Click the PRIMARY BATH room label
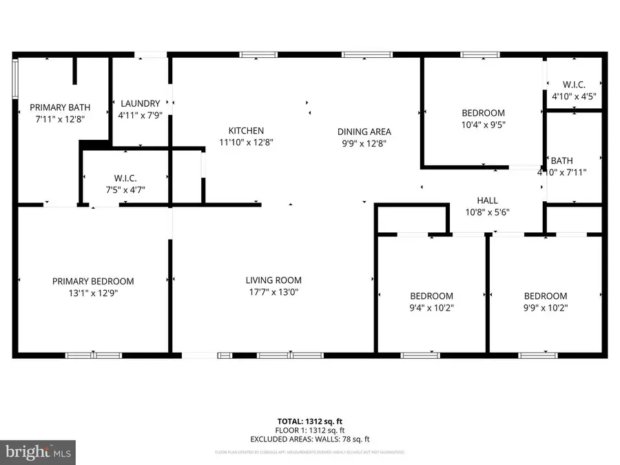coord(60,107)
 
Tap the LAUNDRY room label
coord(141,103)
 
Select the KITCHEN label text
coord(247,131)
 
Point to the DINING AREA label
coord(364,132)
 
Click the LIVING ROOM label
coord(273,280)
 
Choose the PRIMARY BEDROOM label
coord(93,281)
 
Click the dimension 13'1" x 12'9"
coord(93,292)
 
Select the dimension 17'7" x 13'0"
coord(273,291)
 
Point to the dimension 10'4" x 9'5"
coord(482,125)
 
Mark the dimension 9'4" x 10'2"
coord(432,307)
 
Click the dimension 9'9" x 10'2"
coord(546,307)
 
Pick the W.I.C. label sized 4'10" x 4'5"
coord(574,85)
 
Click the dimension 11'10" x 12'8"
coord(247,143)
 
